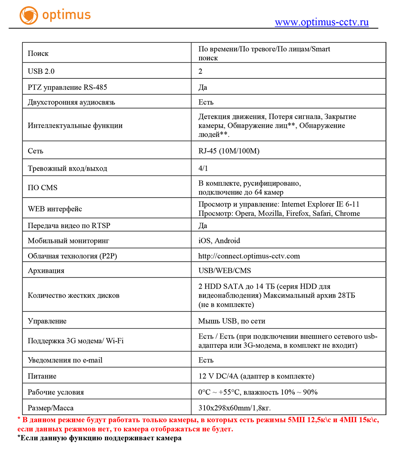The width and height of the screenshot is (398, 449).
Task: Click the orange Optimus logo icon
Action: click(x=28, y=15)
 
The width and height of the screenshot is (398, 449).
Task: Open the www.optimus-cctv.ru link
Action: click(x=321, y=22)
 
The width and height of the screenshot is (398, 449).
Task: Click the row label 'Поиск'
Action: click(x=38, y=53)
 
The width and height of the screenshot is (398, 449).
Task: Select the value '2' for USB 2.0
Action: click(x=200, y=71)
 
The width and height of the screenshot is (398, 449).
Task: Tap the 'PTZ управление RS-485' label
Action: click(x=67, y=87)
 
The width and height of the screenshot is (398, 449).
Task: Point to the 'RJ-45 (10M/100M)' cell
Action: click(x=229, y=151)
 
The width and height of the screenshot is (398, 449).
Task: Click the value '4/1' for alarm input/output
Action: click(x=202, y=168)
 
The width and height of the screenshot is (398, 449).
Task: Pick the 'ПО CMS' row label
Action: click(x=42, y=188)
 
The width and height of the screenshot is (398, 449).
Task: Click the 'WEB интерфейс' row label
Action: click(x=55, y=209)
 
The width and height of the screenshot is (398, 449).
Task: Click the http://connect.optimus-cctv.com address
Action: click(x=249, y=256)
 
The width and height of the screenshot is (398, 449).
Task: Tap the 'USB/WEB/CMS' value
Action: click(x=225, y=271)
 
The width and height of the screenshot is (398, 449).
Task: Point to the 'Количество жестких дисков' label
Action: click(x=73, y=296)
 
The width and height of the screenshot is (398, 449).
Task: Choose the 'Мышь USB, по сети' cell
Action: click(x=231, y=321)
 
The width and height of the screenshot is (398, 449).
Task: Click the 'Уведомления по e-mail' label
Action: click(x=65, y=360)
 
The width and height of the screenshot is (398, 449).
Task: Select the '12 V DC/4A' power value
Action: click(x=220, y=376)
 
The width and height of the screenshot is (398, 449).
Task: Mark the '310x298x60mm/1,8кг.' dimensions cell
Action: click(x=234, y=408)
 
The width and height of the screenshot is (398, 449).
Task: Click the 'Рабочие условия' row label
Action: click(x=56, y=392)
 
